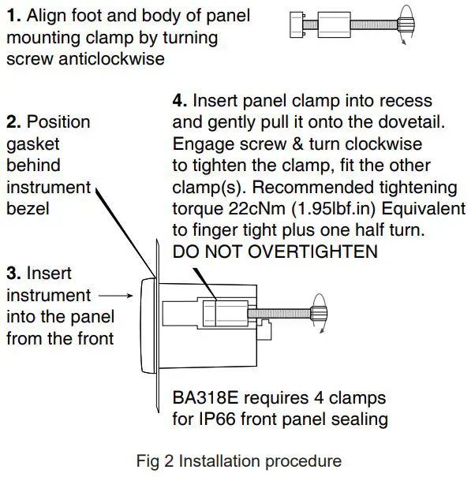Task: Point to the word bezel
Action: click(x=28, y=209)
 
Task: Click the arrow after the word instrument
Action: click(x=115, y=296)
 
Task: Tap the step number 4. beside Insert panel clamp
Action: click(x=180, y=101)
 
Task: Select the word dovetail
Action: click(x=393, y=122)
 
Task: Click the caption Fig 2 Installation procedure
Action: click(x=238, y=460)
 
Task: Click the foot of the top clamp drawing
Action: click(x=296, y=24)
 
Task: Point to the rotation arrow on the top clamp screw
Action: click(x=407, y=24)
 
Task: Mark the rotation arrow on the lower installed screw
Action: click(x=320, y=311)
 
